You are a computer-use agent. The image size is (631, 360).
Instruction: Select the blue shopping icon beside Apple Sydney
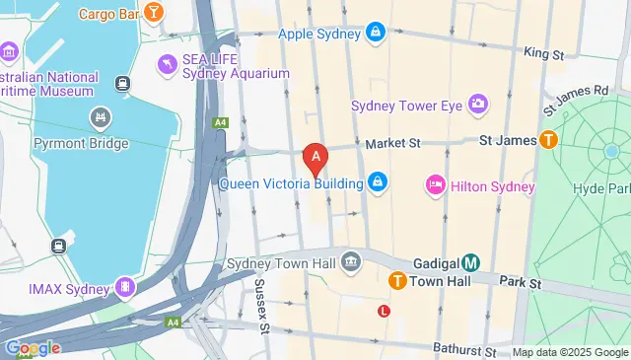(x=376, y=34)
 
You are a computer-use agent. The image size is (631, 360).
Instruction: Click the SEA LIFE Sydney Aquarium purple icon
(x=167, y=64)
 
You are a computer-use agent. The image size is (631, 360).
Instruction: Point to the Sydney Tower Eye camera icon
(x=478, y=104)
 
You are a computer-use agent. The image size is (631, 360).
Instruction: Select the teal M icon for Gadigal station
(x=471, y=262)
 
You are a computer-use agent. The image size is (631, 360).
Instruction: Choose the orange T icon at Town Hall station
(x=398, y=281)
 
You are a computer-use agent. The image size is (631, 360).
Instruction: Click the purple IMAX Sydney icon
(x=124, y=287)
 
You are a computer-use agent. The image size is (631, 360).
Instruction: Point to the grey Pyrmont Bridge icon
(x=100, y=120)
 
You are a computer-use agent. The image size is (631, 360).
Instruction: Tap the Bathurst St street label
(x=463, y=350)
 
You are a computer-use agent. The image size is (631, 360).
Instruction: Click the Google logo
(x=32, y=347)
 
